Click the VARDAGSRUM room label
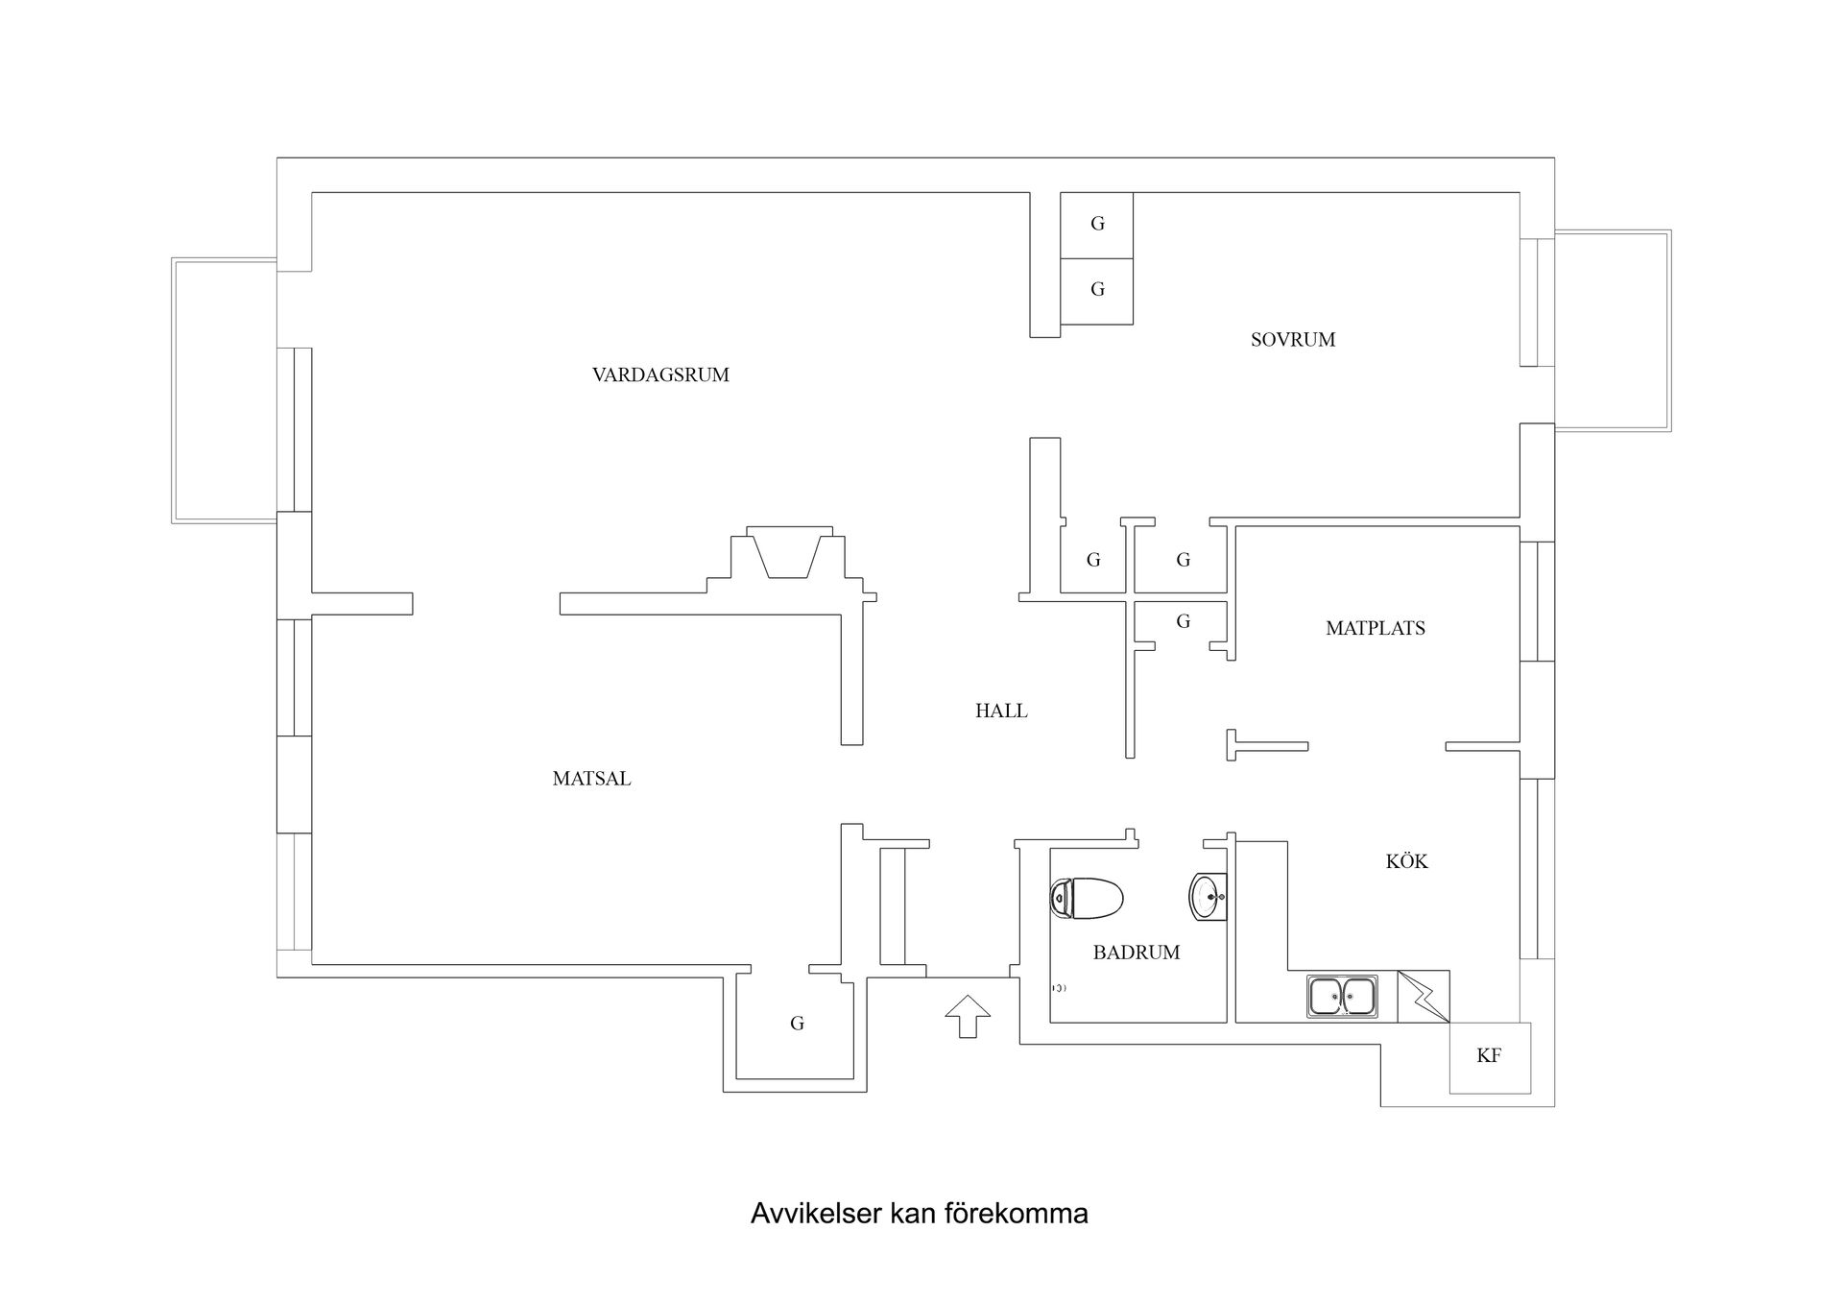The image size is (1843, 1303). coord(660,375)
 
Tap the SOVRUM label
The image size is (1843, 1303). coord(1293,340)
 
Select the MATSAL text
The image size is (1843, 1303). coord(591,779)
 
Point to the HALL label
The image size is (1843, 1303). coord(1001,712)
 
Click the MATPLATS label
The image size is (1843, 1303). coord(1376,629)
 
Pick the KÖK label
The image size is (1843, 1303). coord(1406,861)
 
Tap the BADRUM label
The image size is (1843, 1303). coord(1137,953)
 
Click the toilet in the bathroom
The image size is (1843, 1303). coord(1087,899)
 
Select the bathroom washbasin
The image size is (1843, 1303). coord(1208,897)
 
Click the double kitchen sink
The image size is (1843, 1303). coord(1342,996)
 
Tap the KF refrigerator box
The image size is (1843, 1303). coord(1490,1057)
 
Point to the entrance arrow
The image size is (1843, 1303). coord(968,1016)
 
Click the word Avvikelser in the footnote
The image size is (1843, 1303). coord(817,1214)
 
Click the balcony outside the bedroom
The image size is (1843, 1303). coord(1613,330)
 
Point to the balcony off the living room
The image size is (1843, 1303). coord(225,390)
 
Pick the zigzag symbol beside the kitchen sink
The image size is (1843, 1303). coord(1424,997)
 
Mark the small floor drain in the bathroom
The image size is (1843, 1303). coord(1059,987)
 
